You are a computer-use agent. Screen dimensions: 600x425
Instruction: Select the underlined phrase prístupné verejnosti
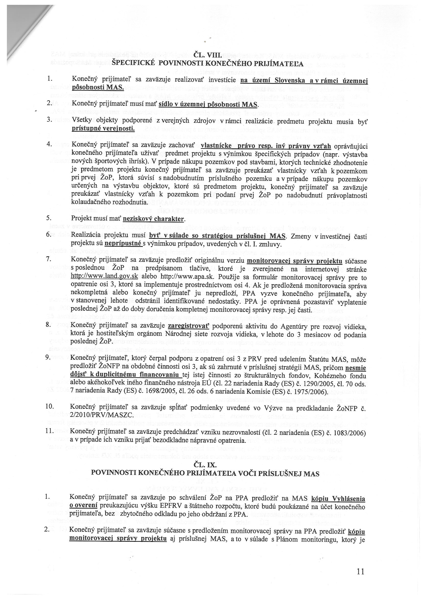[103, 129]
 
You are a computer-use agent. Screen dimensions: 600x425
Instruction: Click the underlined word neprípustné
[123, 244]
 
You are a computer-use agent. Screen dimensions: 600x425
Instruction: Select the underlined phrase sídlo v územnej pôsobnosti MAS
[208, 105]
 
